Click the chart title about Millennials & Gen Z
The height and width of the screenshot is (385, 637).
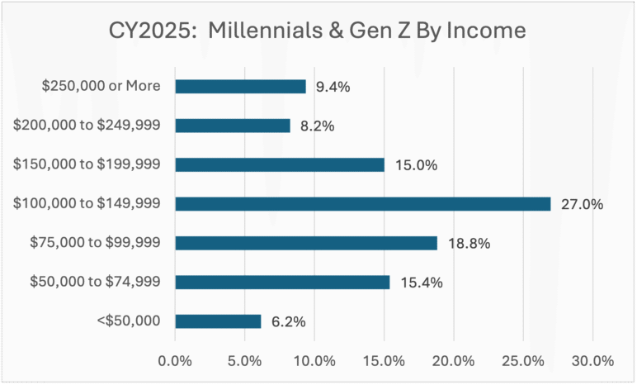[318, 32]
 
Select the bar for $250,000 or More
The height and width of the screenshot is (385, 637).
[240, 86]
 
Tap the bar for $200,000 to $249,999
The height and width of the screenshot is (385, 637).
[232, 126]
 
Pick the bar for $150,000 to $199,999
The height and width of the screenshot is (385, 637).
[280, 164]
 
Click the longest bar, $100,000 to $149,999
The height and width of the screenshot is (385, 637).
[362, 204]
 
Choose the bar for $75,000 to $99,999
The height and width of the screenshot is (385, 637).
[305, 243]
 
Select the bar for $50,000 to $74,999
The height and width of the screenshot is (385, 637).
[282, 282]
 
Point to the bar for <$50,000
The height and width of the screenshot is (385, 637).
[218, 321]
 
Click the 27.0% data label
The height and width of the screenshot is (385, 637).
[582, 204]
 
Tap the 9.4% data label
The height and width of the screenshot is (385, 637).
[333, 86]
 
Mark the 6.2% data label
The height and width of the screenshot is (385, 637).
[288, 321]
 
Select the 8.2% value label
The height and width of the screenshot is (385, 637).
[318, 126]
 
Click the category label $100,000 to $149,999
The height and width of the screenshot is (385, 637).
[87, 204]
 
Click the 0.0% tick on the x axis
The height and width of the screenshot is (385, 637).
[175, 361]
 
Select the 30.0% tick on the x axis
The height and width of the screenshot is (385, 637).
[592, 361]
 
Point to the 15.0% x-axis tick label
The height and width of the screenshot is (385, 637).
[384, 361]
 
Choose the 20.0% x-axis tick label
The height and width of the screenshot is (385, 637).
[454, 361]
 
